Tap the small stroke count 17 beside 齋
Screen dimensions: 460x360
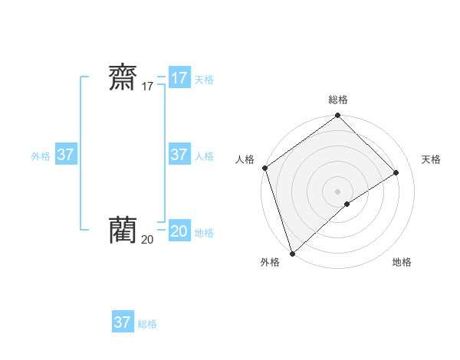(x=147, y=87)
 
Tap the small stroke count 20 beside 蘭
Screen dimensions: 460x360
(x=147, y=239)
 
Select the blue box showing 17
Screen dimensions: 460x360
(x=179, y=78)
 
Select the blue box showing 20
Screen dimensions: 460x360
(x=179, y=231)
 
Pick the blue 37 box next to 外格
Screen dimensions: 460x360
(x=65, y=155)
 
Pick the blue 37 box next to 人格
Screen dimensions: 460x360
(x=179, y=155)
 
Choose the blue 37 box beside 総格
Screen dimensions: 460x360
(x=122, y=322)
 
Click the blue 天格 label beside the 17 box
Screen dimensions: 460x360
(x=204, y=80)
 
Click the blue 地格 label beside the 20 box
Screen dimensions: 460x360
(x=204, y=233)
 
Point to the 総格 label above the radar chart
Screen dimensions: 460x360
(x=338, y=100)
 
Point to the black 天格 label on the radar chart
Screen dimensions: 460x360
(x=432, y=159)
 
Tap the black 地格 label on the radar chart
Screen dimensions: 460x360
(x=402, y=262)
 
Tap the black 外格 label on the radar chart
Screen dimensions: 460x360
(x=270, y=262)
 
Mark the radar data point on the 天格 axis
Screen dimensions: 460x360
(x=396, y=172)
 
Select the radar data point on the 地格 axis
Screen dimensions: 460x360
(x=347, y=204)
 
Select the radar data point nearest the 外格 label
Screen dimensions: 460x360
(x=292, y=253)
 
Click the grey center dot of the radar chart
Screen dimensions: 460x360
(x=338, y=191)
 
